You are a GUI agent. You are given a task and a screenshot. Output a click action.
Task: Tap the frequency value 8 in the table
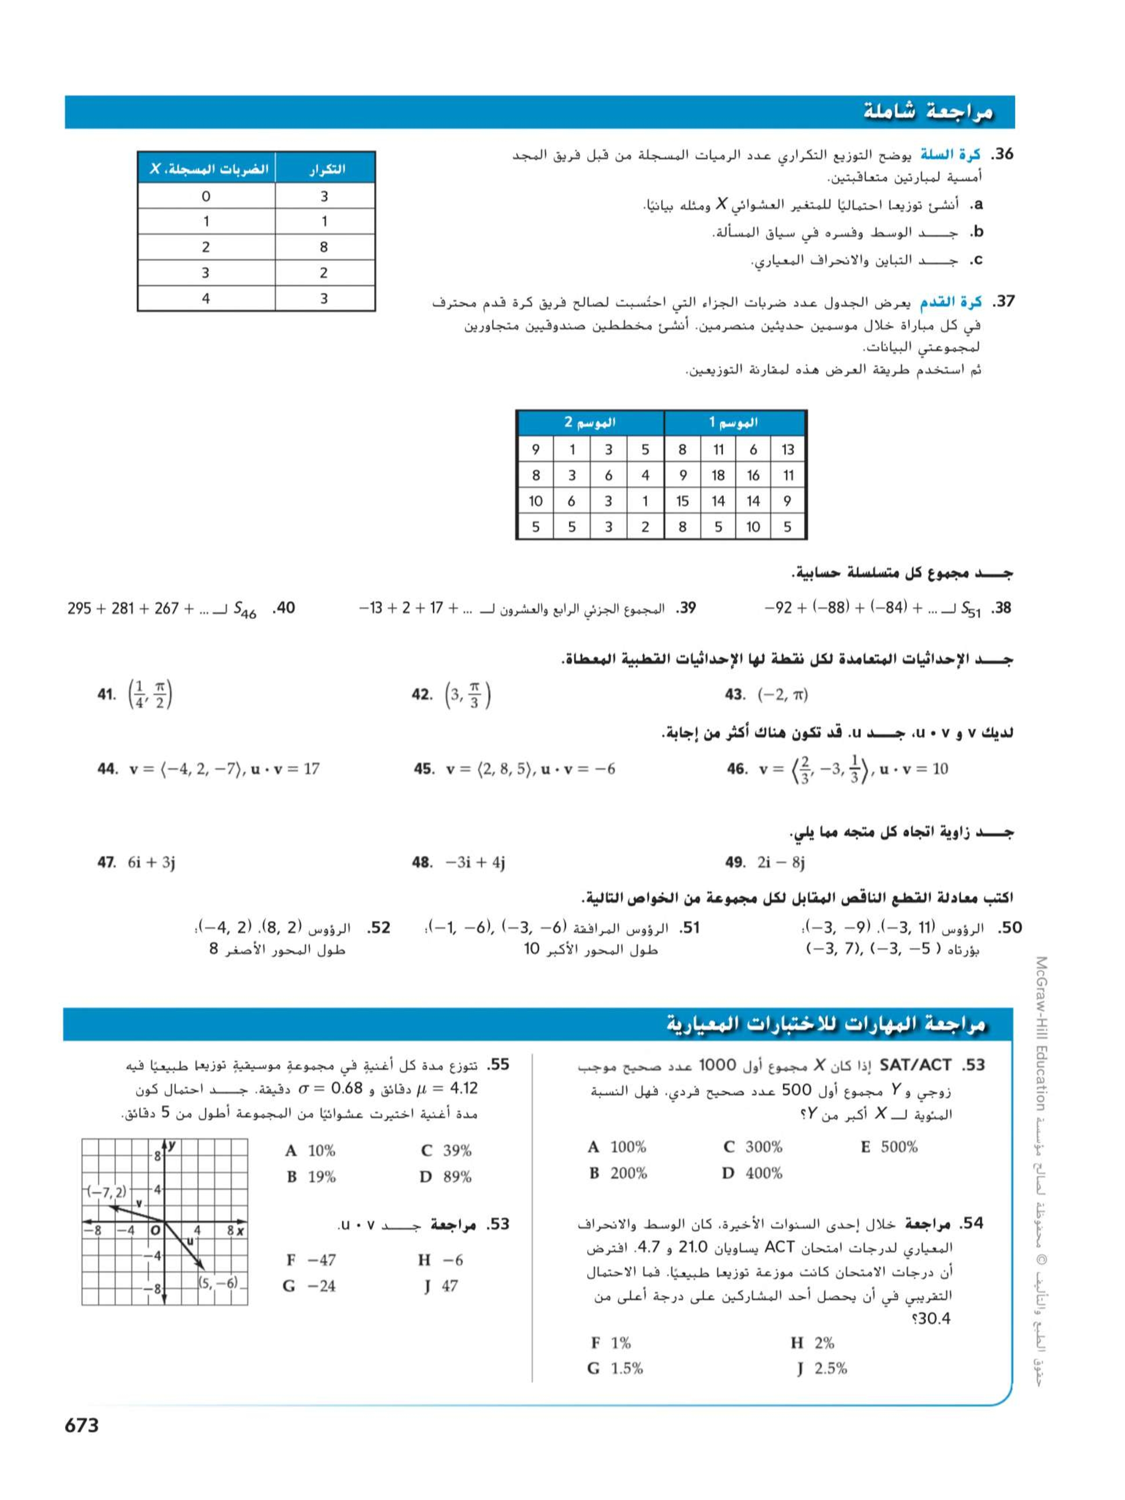pyautogui.click(x=324, y=247)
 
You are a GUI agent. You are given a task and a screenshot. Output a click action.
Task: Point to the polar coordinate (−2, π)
pyautogui.click(x=783, y=694)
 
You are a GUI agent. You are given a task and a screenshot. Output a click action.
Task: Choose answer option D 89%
pyautogui.click(x=446, y=1177)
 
